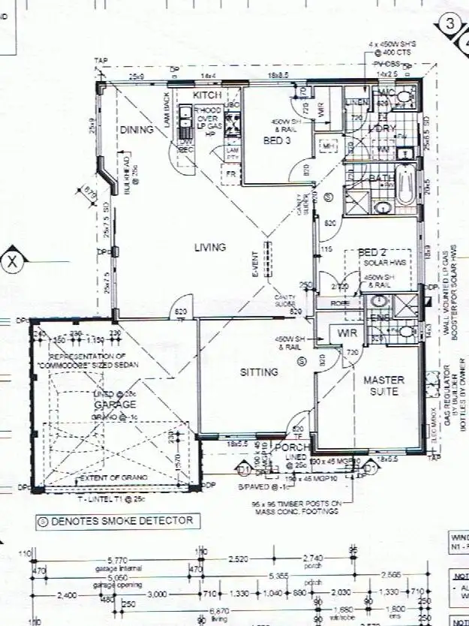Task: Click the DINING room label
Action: (x=136, y=129)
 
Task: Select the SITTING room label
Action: (x=259, y=372)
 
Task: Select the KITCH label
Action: (x=207, y=95)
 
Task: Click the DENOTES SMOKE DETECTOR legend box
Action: (x=116, y=520)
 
